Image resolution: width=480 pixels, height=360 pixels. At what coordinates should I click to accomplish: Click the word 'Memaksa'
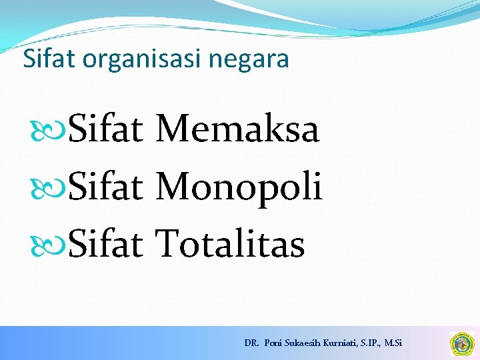pos(237,129)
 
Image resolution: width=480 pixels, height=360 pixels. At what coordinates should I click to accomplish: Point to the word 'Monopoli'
pos(239,187)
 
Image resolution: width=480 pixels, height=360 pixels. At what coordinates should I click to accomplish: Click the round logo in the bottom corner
pos(461,343)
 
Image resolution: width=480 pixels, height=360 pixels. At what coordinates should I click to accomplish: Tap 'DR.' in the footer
pos(251,343)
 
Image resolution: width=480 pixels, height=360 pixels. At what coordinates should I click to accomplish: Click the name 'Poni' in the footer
pos(273,343)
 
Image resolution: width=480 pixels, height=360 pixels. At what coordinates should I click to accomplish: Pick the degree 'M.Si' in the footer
pos(393,343)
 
